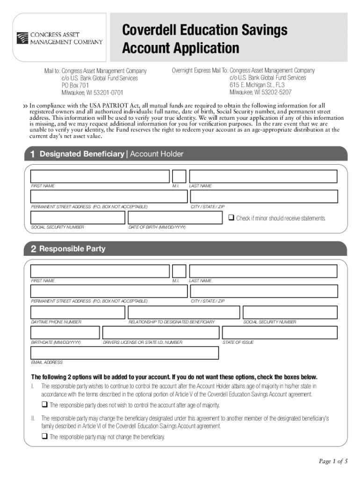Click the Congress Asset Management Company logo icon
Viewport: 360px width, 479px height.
click(x=22, y=37)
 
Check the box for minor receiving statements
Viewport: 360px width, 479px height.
click(x=231, y=218)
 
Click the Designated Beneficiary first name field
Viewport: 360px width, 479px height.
click(x=100, y=176)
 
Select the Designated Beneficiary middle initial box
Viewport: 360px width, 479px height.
click(x=179, y=176)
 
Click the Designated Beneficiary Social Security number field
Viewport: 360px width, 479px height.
click(x=78, y=218)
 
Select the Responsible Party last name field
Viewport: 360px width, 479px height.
click(x=263, y=271)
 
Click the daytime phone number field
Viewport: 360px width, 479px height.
click(x=78, y=312)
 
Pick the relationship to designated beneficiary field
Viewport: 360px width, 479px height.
click(x=184, y=312)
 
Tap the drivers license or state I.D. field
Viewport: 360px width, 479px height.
click(x=160, y=333)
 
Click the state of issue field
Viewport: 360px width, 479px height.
click(x=280, y=333)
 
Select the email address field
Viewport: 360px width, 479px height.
click(x=124, y=353)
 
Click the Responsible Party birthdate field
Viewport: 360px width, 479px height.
click(x=65, y=333)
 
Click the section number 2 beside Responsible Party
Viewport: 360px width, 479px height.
click(x=33, y=249)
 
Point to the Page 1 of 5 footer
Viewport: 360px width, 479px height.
click(x=333, y=462)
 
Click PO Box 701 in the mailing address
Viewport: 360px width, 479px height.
click(x=75, y=86)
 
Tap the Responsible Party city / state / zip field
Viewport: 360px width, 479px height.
click(x=263, y=291)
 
